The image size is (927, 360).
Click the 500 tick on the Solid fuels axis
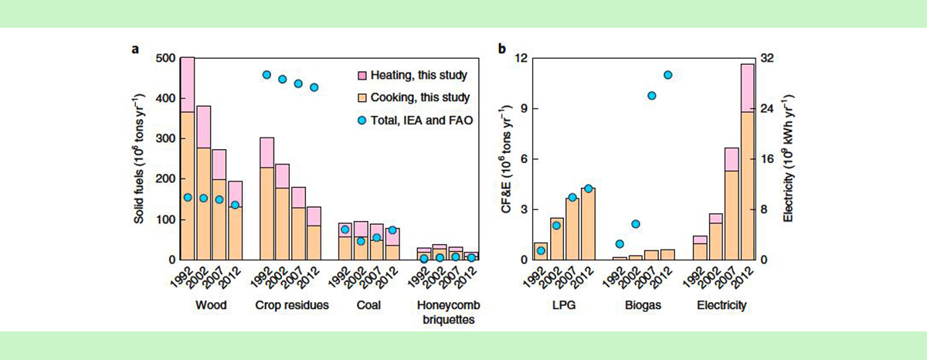pos(165,59)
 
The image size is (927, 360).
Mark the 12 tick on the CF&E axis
pos(521,59)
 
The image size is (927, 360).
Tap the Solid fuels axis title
pos(139,158)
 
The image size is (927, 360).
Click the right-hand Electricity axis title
pos(790,158)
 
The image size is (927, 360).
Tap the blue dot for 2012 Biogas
pos(668,75)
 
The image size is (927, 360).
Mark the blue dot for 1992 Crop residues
pos(267,75)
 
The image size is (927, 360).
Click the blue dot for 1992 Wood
pos(187,198)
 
